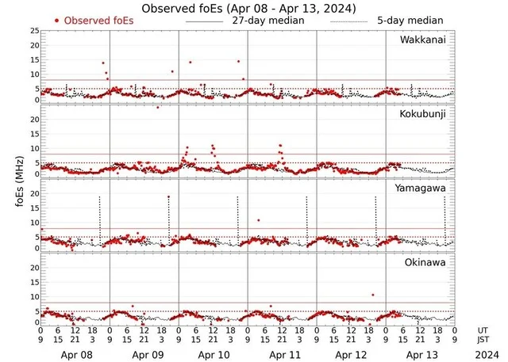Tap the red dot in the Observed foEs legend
pyautogui.click(x=57, y=20)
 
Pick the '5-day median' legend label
pyautogui.click(x=410, y=20)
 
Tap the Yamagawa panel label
pyautogui.click(x=421, y=188)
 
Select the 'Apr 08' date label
pyautogui.click(x=75, y=352)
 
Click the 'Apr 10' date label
pyautogui.click(x=214, y=352)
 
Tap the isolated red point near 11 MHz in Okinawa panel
pyautogui.click(x=372, y=295)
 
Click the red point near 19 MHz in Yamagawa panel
pyautogui.click(x=168, y=196)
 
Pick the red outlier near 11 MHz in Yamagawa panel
pyautogui.click(x=258, y=220)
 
